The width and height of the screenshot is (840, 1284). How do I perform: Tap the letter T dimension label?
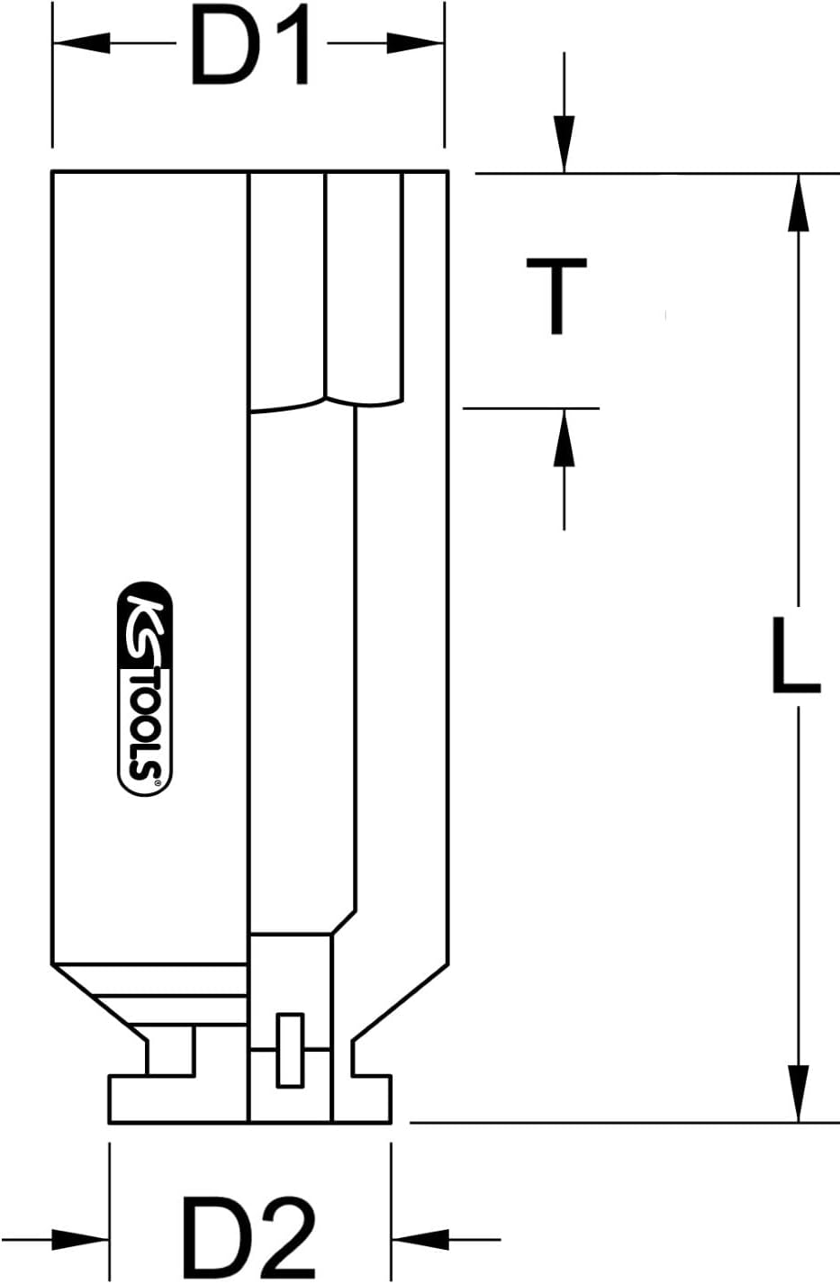(x=556, y=294)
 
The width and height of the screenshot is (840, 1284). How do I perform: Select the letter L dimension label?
(x=794, y=656)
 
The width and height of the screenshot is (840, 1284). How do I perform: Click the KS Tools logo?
(x=145, y=690)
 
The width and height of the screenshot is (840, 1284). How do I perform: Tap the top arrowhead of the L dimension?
(x=797, y=202)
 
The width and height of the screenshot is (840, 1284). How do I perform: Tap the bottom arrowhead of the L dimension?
(x=797, y=1093)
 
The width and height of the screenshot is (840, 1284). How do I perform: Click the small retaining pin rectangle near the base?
(x=290, y=1049)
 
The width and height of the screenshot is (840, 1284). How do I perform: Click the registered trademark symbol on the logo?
(x=159, y=785)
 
